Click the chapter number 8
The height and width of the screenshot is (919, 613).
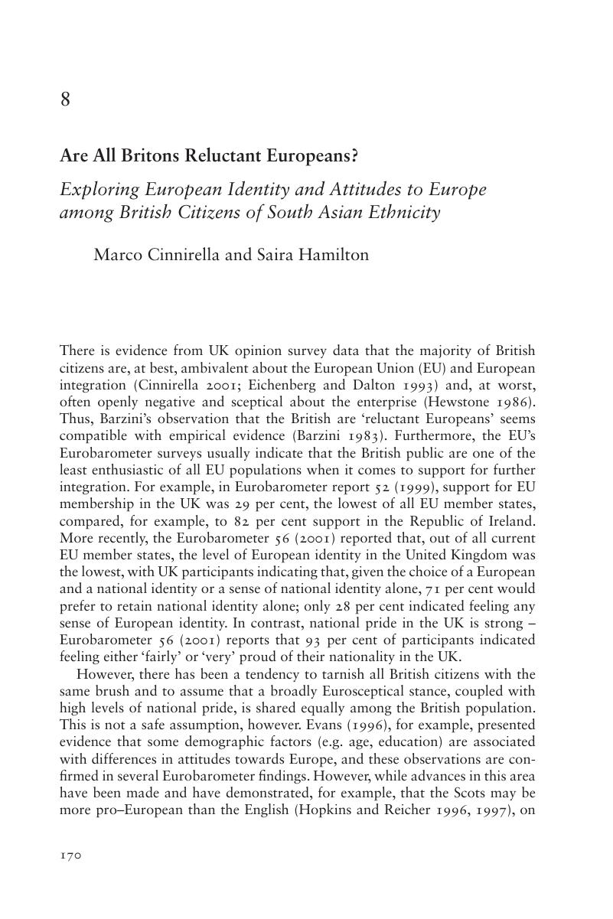coord(65,99)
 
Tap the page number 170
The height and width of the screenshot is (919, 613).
coord(70,856)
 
